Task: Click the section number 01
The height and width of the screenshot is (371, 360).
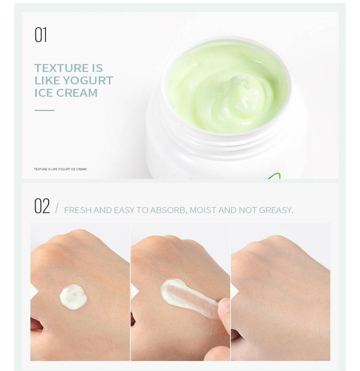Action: pos(41,35)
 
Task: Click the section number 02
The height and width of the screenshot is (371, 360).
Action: pos(42,206)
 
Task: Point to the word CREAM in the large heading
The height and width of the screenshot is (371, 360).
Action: pos(77,93)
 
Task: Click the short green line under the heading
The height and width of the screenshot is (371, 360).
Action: pos(45,110)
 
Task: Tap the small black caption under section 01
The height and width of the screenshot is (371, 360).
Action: pos(60,169)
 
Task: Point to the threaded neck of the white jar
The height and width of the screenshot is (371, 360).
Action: pos(225,140)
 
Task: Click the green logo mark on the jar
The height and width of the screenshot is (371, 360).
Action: pos(275,176)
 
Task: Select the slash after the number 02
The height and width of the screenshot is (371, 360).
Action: pos(57,208)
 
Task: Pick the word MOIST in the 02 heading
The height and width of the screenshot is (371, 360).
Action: pos(203,210)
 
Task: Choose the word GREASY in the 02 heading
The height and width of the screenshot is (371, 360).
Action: pos(276,210)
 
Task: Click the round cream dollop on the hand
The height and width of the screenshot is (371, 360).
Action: pos(73,297)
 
